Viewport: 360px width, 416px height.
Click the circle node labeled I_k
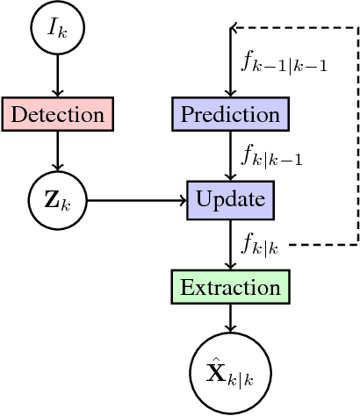pos(57,30)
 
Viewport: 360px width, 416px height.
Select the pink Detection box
pos(57,114)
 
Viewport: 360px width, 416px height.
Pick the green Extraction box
pos(230,287)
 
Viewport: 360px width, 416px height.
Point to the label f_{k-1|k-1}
pos(284,62)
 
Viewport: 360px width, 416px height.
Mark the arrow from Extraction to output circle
pos(230,318)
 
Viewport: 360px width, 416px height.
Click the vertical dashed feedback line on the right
pos(357,132)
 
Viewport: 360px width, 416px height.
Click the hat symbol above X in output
pos(216,357)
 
